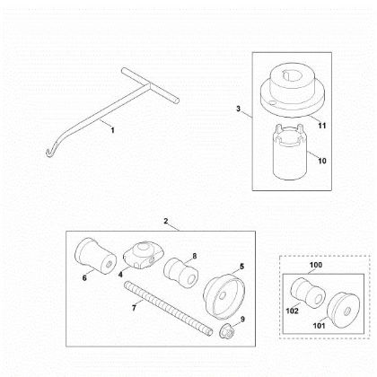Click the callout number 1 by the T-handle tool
click(x=112, y=130)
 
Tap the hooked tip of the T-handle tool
click(x=48, y=153)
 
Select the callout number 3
click(x=238, y=109)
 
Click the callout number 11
click(x=321, y=126)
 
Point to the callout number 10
click(x=322, y=161)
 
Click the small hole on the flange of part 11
click(x=272, y=102)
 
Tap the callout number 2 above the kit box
click(x=166, y=221)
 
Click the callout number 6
click(x=84, y=278)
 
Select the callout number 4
click(x=120, y=275)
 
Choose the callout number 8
click(x=195, y=256)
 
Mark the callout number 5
click(x=241, y=266)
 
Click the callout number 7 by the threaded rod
click(x=134, y=307)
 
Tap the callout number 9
click(x=242, y=320)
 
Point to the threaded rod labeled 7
click(x=169, y=308)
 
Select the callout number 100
click(x=316, y=265)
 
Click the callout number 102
click(x=293, y=311)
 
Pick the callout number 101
click(x=319, y=326)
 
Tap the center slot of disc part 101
click(x=346, y=311)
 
